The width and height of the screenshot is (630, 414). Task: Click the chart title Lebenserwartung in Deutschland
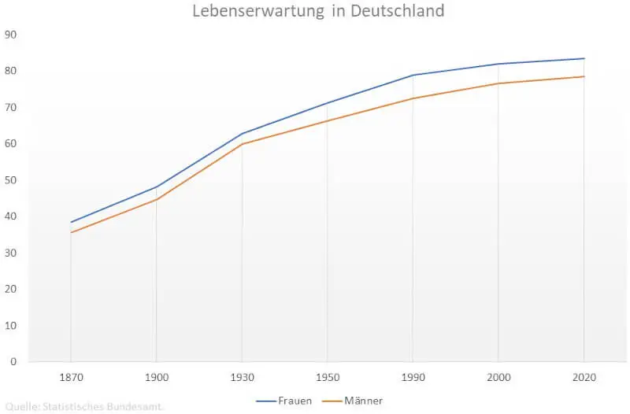coord(318,12)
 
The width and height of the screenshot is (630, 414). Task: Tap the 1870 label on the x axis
coord(71,378)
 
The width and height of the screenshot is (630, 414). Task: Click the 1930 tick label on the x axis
coord(242,378)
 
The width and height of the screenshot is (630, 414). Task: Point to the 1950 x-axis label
coord(327,378)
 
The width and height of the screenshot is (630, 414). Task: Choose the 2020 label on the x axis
coord(584,378)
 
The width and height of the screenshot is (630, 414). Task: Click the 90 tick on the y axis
coord(11,35)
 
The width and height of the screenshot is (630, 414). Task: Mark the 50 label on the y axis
coord(11,180)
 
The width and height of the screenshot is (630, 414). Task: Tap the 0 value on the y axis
coord(13,362)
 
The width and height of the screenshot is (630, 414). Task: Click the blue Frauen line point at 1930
coord(242,134)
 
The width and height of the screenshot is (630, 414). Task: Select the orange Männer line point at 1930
coord(242,144)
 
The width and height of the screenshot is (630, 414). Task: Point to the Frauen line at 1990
coord(413,76)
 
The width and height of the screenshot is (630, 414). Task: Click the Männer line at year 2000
coord(498,83)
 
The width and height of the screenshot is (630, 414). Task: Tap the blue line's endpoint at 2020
coord(584,58)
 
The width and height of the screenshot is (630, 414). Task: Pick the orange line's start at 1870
coord(71,232)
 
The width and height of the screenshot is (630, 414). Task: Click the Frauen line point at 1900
coord(157,187)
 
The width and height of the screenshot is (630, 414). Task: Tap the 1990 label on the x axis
coord(413,378)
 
